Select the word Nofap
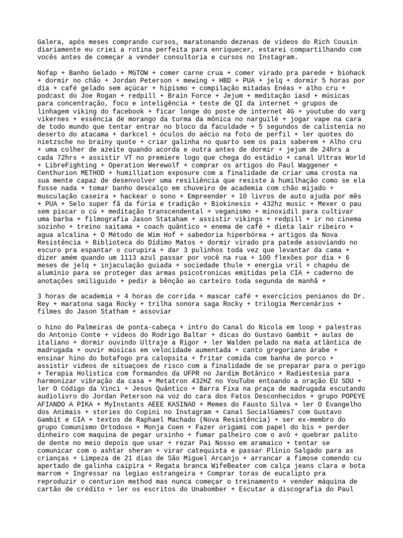point(48,72)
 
